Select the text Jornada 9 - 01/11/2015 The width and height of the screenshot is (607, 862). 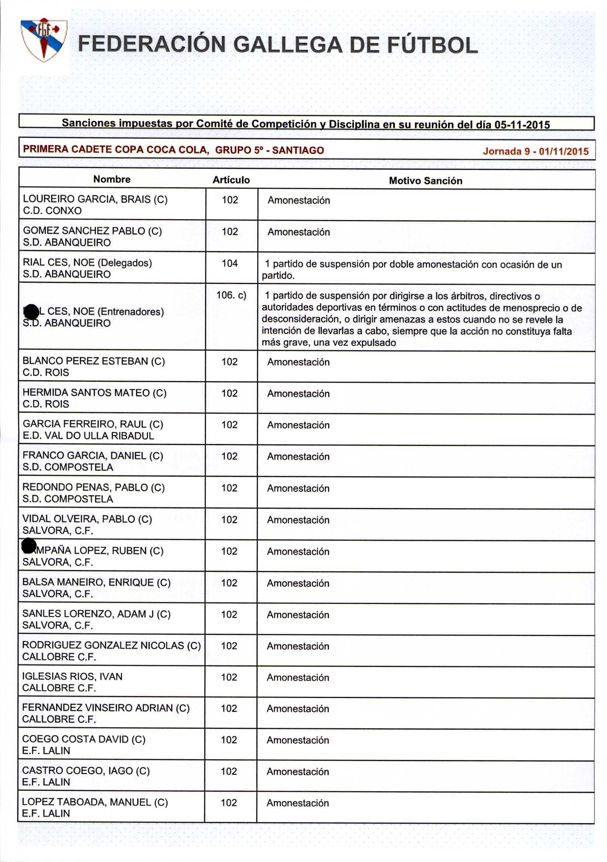click(536, 151)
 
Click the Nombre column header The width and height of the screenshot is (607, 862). click(112, 179)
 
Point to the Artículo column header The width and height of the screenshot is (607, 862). click(231, 180)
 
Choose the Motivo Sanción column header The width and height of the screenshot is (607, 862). click(426, 181)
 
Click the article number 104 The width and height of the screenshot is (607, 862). click(230, 263)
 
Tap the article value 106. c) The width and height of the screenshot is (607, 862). click(232, 295)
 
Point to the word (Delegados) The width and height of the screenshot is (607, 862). click(124, 263)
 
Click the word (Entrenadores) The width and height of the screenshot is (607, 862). click(131, 311)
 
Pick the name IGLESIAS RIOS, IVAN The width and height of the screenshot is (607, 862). click(72, 676)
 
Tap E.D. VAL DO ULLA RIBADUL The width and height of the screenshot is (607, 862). click(88, 435)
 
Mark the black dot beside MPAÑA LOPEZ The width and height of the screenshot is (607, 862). click(29, 545)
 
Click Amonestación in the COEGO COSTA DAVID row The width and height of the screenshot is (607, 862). click(298, 740)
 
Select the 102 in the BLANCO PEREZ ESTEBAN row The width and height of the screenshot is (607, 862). click(230, 362)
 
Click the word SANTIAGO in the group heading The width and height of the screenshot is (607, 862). click(298, 151)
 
